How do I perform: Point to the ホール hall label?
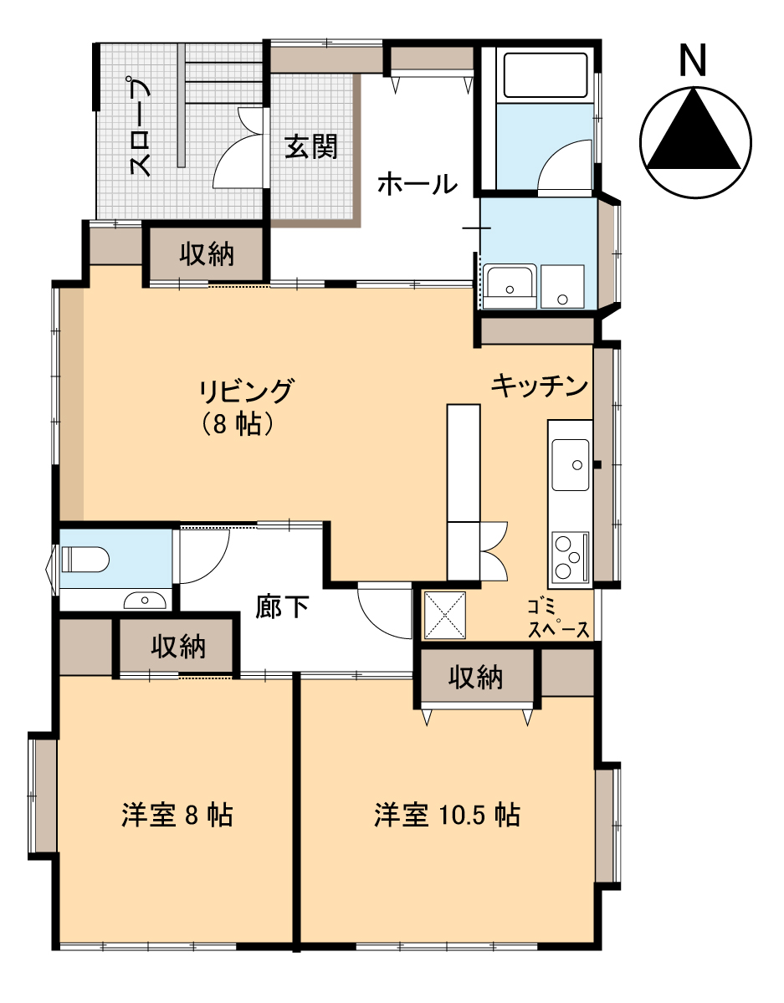coord(418,183)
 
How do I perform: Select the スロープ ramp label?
coord(141,128)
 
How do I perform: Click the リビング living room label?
coord(246,391)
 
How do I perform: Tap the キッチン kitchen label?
coord(540,386)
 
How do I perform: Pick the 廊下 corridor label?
coord(282,606)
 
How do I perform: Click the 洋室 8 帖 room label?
coord(177,816)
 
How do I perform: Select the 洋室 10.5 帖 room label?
coord(447,816)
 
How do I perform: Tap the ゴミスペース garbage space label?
coord(558,618)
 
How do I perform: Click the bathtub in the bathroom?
coord(546,76)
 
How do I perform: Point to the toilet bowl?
coord(85,560)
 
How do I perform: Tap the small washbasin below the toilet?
coord(145,600)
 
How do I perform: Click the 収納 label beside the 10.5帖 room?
coord(475,677)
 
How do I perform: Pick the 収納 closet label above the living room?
coord(206,254)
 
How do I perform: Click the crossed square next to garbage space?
coord(445,615)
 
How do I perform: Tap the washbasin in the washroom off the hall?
coord(510,285)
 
